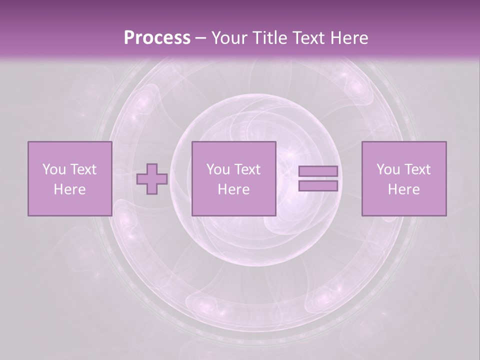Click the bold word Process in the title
157,38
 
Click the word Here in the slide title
349,38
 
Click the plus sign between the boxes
152,179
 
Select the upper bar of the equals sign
318,171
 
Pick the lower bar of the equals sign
318,186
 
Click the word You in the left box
54,169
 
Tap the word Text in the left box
83,169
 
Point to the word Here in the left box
69,189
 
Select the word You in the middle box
218,169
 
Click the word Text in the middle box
247,169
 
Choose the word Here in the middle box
233,189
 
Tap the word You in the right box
388,169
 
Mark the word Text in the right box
417,169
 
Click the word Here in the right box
403,189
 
